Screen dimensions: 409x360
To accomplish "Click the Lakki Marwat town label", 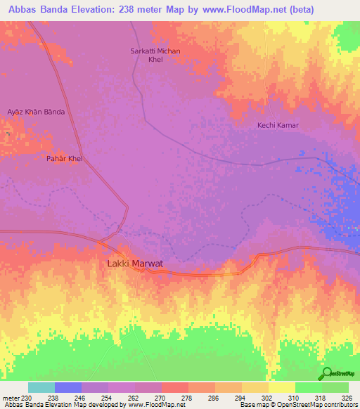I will (134, 264).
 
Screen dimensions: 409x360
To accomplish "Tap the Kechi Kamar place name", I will (278, 125).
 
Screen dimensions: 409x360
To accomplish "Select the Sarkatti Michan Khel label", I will (155, 56).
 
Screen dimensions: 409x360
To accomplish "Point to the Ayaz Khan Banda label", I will (35, 112).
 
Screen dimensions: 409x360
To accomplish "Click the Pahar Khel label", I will (65, 159).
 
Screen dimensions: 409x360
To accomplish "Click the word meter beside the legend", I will (10, 397).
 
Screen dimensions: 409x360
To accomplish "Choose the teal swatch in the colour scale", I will (41, 387).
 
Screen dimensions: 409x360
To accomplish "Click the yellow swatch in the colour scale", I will (281, 387).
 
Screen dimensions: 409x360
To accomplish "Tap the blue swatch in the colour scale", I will (67, 387).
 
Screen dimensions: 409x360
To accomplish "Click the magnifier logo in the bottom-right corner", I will (326, 373).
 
